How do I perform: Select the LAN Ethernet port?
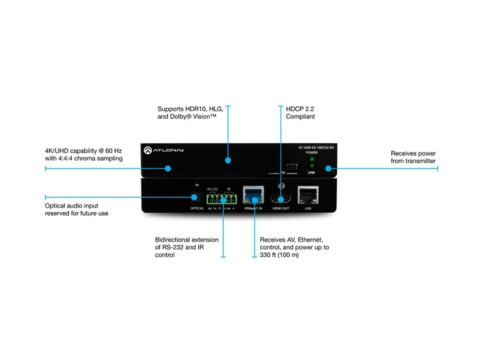point(308,195)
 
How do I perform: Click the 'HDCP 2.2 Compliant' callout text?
point(300,112)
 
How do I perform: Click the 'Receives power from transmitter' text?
point(413,157)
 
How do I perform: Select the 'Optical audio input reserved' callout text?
point(76,210)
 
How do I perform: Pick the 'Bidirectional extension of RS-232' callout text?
point(187,247)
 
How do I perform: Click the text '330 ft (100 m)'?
point(279,255)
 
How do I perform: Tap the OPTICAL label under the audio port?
point(197,208)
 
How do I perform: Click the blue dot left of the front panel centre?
point(168,168)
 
